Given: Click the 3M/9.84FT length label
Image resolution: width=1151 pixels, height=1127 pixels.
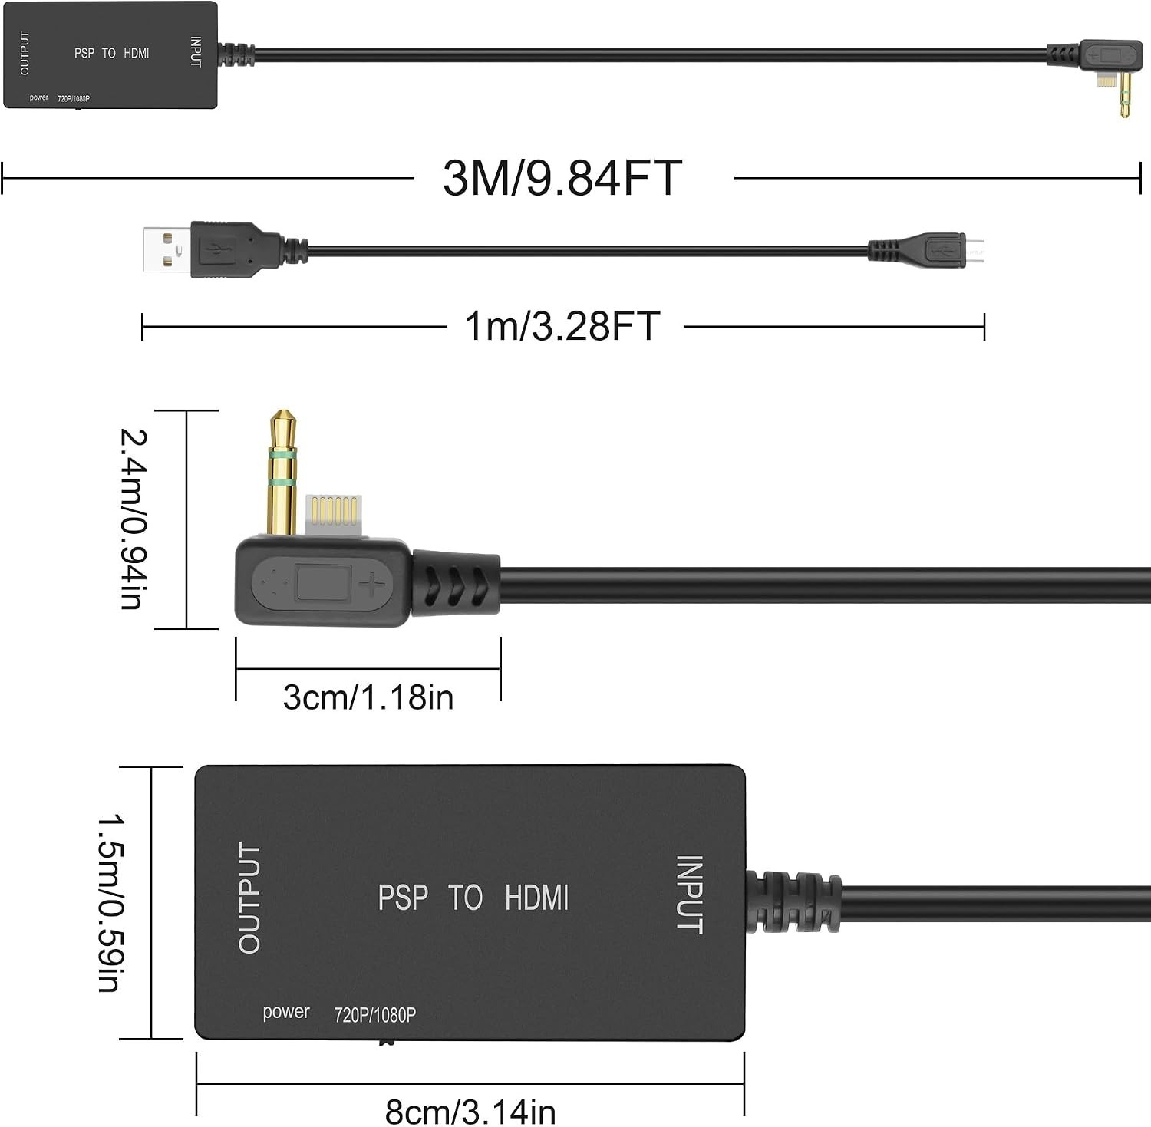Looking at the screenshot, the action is [x=562, y=178].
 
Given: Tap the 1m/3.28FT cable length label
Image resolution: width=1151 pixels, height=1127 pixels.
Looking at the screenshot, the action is [x=562, y=325].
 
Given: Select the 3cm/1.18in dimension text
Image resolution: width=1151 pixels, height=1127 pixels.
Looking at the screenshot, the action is [x=368, y=697].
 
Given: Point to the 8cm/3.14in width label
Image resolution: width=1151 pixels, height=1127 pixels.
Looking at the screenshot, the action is [x=470, y=1111].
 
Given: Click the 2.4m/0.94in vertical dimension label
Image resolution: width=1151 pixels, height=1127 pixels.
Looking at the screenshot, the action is [x=133, y=519].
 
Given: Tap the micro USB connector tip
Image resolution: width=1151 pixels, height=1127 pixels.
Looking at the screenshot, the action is [x=975, y=250].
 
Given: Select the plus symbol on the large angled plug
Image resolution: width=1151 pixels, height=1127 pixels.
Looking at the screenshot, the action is [x=372, y=586].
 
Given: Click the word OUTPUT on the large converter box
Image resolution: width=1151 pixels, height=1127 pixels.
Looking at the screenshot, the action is [x=249, y=898].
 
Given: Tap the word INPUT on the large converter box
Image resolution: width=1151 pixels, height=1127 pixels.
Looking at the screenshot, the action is [x=689, y=895].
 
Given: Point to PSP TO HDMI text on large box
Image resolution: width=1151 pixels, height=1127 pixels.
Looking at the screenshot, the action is [x=473, y=898].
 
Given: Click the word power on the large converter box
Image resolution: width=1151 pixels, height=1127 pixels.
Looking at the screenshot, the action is [x=286, y=1013].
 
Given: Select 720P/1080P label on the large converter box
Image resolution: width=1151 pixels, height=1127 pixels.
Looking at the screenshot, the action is [x=375, y=1015].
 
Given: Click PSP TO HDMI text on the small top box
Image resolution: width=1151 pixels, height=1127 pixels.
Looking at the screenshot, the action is [x=112, y=53].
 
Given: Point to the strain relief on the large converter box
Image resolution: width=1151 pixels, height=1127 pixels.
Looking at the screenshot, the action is [x=793, y=901].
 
